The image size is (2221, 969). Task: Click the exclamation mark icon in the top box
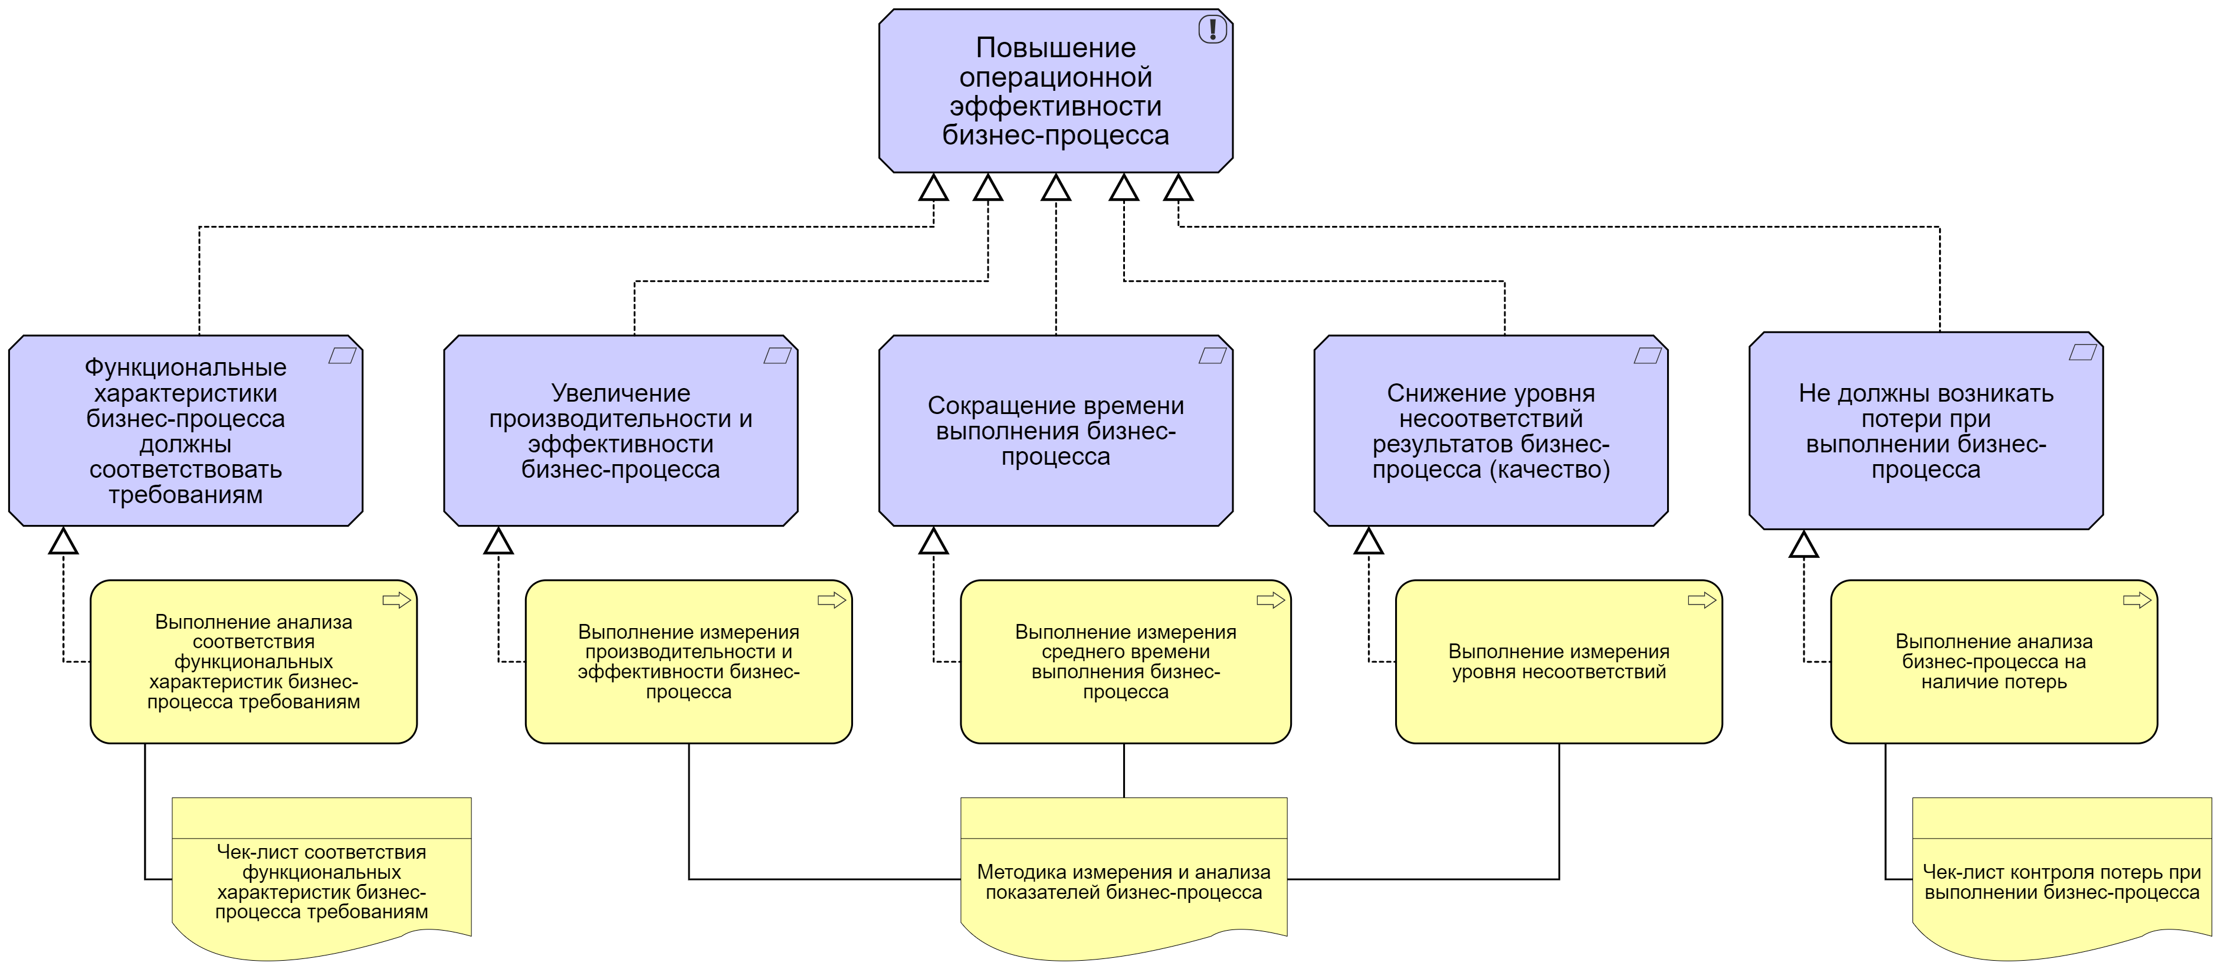tap(1212, 29)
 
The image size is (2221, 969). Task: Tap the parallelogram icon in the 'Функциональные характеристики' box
tap(342, 355)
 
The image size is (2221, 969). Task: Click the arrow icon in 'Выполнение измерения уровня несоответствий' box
tap(1701, 600)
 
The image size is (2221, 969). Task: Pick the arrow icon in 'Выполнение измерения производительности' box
tap(831, 600)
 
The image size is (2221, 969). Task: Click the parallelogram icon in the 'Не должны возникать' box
tap(2082, 352)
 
